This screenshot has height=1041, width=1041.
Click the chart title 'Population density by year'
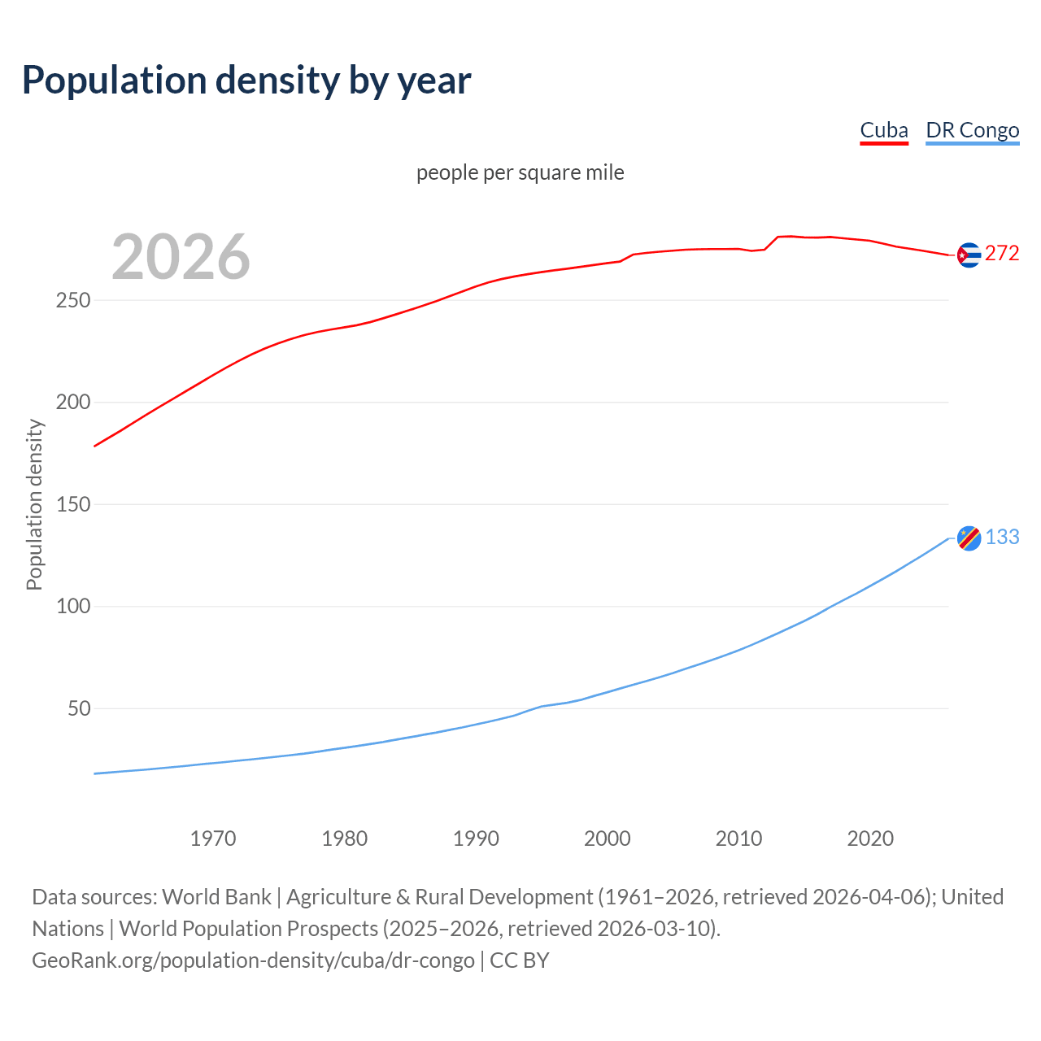pos(246,80)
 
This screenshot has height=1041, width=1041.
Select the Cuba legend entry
pos(884,130)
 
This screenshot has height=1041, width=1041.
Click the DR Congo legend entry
pos(972,130)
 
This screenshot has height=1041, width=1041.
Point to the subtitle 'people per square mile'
pos(520,172)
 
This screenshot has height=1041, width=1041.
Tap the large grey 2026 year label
pos(181,257)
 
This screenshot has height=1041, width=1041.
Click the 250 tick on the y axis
pos(73,301)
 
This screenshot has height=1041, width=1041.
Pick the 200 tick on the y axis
pos(73,403)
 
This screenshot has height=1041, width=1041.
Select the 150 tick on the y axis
pos(73,505)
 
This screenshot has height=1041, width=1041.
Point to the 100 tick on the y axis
pos(73,607)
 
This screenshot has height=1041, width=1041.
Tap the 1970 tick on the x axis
pos(213,838)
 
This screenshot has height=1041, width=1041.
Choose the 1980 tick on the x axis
pos(344,838)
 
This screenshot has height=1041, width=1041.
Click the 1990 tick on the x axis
pos(476,838)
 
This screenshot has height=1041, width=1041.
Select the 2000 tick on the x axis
pos(608,838)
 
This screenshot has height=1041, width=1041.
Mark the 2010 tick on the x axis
pos(738,838)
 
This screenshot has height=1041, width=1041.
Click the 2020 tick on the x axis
pos(870,838)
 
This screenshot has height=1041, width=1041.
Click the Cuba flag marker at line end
pos(969,255)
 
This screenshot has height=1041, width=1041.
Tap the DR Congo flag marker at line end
pos(969,538)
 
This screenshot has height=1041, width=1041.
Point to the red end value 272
pos(1002,254)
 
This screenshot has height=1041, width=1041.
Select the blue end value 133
pos(1002,538)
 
